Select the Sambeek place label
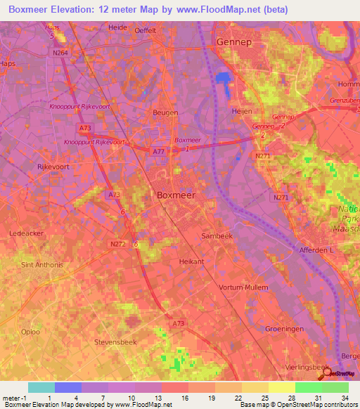[x=217, y=236]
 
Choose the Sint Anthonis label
[x=42, y=265]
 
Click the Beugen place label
[x=165, y=112]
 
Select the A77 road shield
[x=160, y=150]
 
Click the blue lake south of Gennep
[x=224, y=83]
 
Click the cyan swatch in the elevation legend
[x=41, y=387]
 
